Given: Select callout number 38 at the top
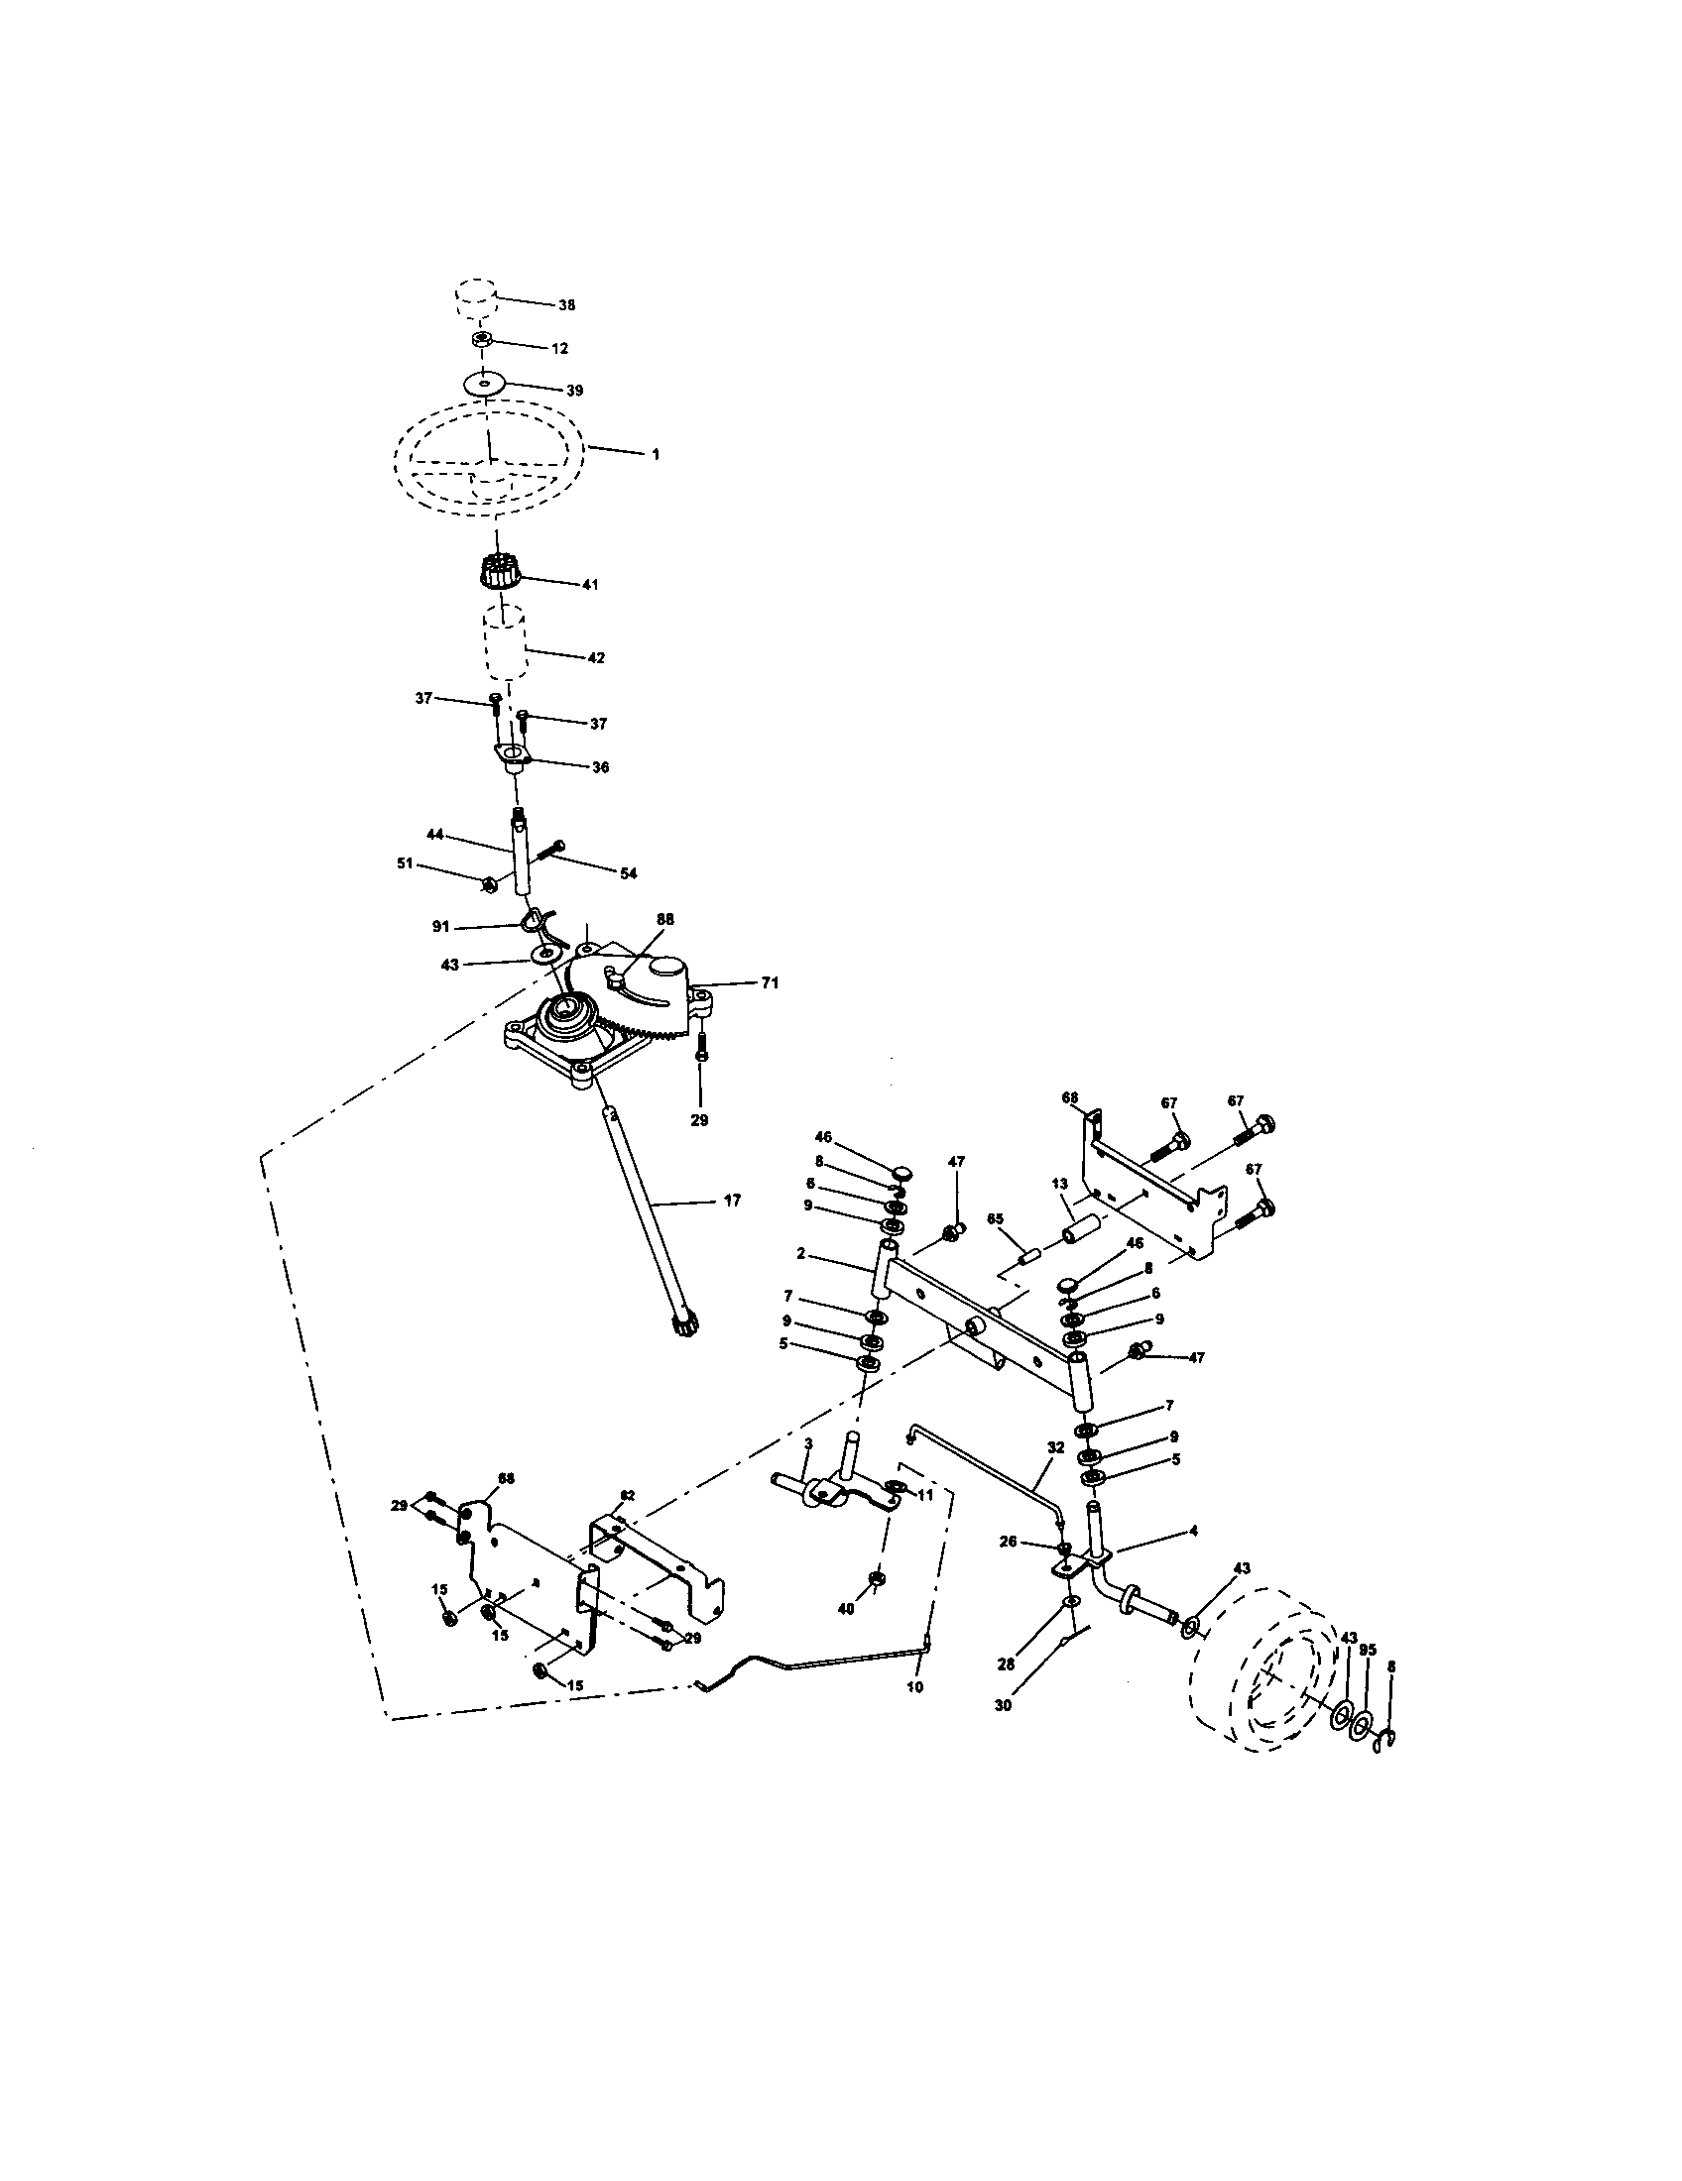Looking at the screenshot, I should (x=566, y=305).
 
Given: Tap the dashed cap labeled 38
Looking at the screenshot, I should (x=476, y=297).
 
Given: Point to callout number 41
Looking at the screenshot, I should (x=589, y=584).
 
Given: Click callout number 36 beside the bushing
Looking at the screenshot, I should (x=600, y=767).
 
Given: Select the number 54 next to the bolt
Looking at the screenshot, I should (x=627, y=872).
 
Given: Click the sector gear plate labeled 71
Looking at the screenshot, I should (x=640, y=998).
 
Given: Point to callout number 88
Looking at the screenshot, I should (x=665, y=918).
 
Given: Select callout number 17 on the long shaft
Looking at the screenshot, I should (x=732, y=1201).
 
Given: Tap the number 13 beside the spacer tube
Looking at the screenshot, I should (x=1060, y=1184).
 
